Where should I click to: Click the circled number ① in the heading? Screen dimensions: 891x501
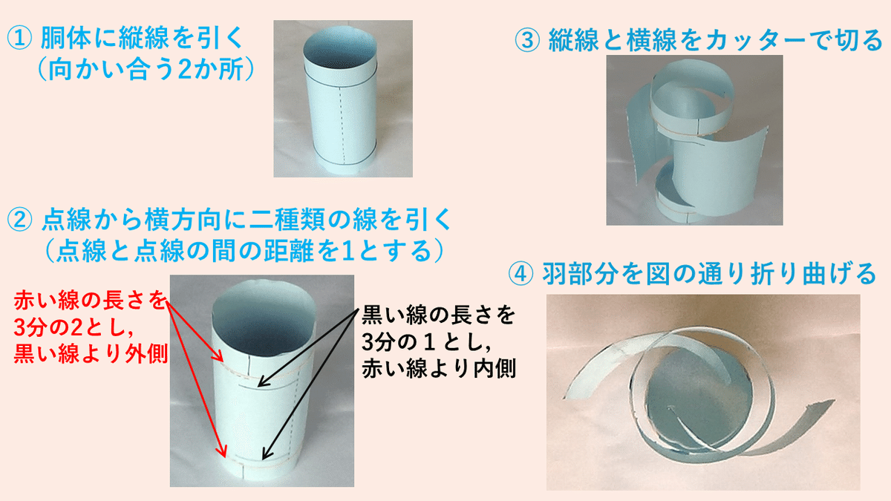pyautogui.click(x=19, y=38)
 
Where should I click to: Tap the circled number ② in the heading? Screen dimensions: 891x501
pyautogui.click(x=19, y=220)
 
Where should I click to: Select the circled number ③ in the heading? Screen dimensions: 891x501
pyautogui.click(x=527, y=41)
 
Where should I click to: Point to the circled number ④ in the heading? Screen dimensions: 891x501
pyautogui.click(x=520, y=274)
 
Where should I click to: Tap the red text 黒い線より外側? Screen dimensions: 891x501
pyautogui.click(x=91, y=353)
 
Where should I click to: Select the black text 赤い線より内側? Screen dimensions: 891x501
pyautogui.click(x=439, y=368)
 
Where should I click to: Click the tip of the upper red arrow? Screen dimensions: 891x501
pyautogui.click(x=223, y=361)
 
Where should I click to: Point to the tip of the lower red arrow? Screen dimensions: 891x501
pyautogui.click(x=225, y=457)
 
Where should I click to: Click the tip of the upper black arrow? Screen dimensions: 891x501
pyautogui.click(x=258, y=386)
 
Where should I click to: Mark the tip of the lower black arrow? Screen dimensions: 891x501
pyautogui.click(x=264, y=459)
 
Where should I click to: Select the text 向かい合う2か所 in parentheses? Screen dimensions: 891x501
pyautogui.click(x=146, y=70)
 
